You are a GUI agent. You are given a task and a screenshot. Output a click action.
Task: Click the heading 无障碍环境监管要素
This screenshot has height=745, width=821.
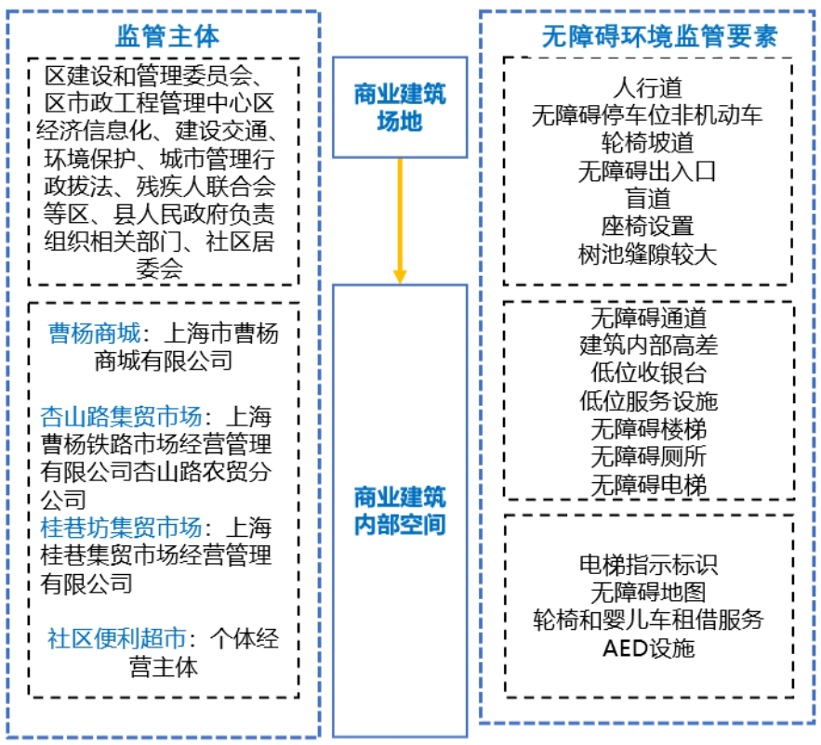tap(648, 36)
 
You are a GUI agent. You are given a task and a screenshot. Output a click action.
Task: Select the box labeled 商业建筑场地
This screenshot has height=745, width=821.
tap(400, 107)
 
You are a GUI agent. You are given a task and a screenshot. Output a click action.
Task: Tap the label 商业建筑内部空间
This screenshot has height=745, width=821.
tap(400, 510)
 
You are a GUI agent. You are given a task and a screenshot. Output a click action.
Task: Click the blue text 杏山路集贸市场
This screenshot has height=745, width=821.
tap(123, 415)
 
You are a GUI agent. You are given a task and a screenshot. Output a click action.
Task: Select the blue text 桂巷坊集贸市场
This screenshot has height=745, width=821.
tap(121, 528)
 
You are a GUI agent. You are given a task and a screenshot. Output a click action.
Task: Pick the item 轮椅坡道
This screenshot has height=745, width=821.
tap(648, 143)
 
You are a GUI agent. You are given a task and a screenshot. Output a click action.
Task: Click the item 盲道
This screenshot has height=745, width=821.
tap(648, 199)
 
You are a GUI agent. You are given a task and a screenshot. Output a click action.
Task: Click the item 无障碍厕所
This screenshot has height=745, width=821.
tap(648, 457)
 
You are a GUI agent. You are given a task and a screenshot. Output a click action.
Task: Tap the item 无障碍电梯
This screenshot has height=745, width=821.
tap(648, 485)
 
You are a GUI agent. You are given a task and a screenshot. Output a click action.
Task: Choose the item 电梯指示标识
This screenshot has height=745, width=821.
tap(648, 564)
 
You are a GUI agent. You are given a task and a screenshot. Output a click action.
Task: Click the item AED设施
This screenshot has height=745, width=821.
tap(648, 647)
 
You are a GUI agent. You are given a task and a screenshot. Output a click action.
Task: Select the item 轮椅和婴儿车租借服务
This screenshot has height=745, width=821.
tap(648, 620)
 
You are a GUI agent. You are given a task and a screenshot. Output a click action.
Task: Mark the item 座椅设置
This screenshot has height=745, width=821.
tap(648, 227)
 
